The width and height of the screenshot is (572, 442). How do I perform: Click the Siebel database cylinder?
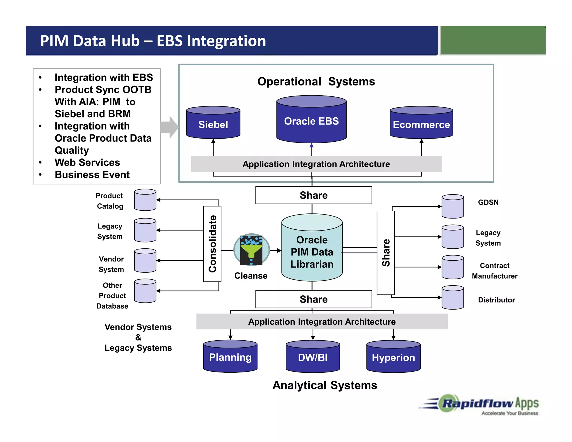click(213, 123)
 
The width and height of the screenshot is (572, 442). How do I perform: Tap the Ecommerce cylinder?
click(421, 123)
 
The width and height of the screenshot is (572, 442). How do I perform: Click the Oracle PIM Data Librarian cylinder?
click(312, 249)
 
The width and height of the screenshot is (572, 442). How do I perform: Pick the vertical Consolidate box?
click(212, 244)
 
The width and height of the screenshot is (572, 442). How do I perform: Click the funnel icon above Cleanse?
click(251, 249)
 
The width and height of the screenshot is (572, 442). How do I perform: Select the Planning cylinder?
click(230, 357)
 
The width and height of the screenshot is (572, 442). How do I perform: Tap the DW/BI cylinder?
click(313, 357)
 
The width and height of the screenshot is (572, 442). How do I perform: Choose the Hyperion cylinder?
click(393, 357)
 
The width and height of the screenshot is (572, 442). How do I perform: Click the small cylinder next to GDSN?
click(453, 206)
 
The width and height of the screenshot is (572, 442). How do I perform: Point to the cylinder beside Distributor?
click(453, 298)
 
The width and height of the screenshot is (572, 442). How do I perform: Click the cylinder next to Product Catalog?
click(145, 200)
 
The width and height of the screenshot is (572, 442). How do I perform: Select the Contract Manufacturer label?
click(495, 271)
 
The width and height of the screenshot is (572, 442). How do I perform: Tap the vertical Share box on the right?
click(386, 253)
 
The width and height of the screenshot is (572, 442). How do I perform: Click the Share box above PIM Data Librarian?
click(314, 195)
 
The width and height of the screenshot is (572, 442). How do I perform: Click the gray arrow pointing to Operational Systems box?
click(170, 127)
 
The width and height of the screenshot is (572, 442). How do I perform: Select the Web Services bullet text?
click(87, 162)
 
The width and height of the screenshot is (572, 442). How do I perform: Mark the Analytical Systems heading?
click(325, 385)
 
